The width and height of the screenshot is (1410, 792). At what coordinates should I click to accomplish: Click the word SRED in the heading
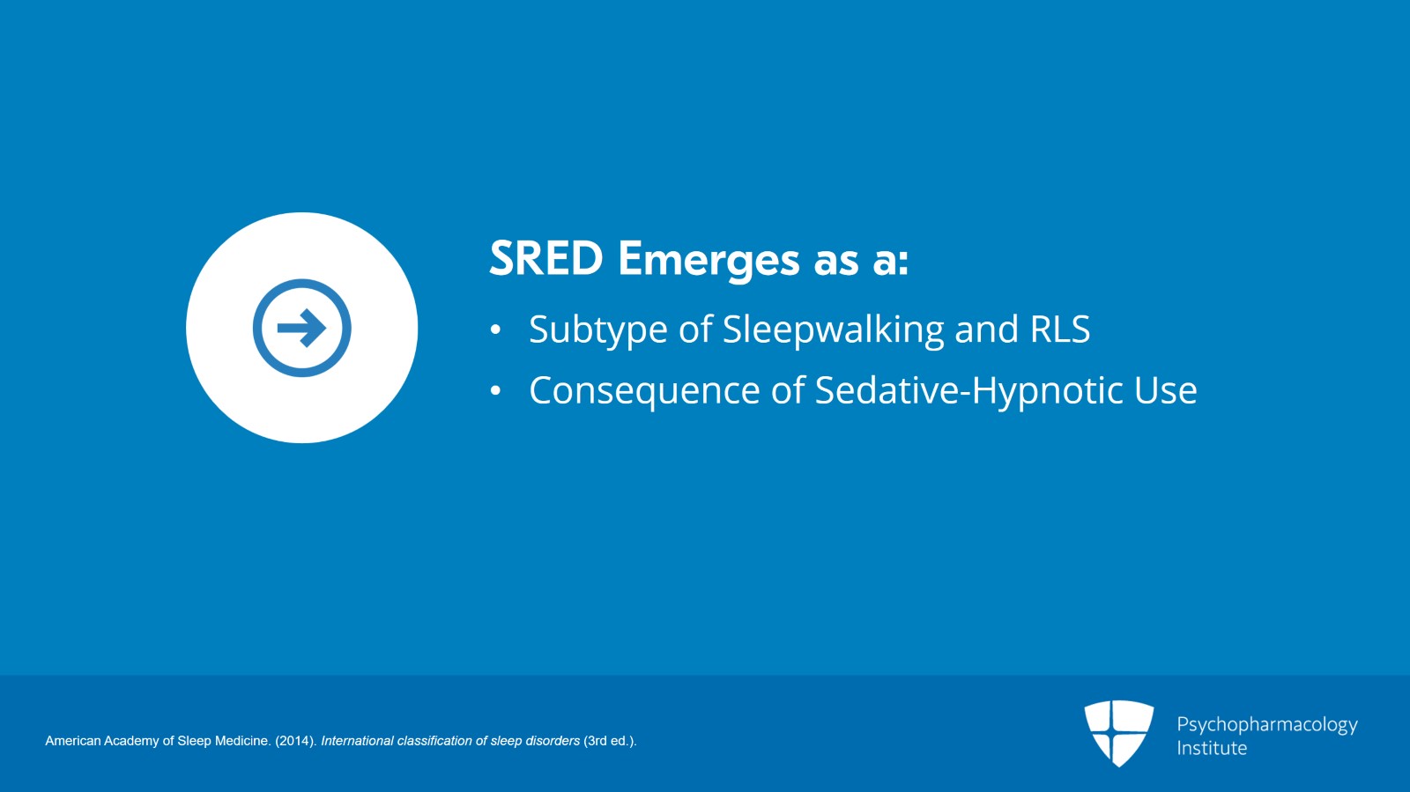(546, 258)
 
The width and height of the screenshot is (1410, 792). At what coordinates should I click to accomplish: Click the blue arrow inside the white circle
(302, 328)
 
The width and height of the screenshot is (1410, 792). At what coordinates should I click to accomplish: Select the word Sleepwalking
(833, 329)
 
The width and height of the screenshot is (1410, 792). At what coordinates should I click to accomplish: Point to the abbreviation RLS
(1060, 329)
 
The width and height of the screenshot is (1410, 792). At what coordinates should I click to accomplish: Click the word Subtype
(598, 330)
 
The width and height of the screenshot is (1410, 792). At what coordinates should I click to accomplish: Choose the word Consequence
(644, 391)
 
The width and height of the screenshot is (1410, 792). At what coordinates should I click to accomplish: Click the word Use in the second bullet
(1165, 390)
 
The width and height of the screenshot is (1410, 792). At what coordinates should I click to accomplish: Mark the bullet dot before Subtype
(495, 329)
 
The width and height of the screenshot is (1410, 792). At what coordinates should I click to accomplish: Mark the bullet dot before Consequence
(495, 390)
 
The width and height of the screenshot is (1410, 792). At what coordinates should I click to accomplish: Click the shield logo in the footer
(1118, 733)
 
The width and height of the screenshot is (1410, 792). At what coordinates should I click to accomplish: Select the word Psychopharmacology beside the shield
(1267, 725)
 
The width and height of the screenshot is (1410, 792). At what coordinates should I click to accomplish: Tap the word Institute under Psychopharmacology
(1212, 748)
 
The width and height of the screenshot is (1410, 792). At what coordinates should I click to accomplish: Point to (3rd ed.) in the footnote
(610, 741)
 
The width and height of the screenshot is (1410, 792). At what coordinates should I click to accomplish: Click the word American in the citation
(72, 741)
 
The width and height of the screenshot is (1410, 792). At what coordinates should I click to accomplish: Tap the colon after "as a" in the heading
(903, 264)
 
